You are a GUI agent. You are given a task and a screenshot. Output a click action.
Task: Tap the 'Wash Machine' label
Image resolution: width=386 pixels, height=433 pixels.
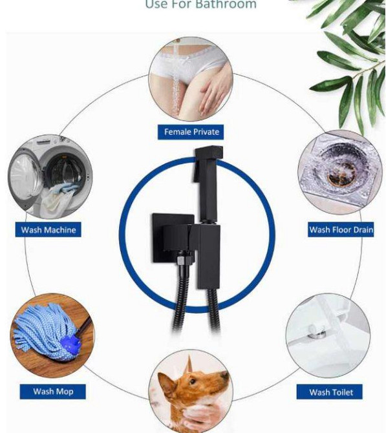click(48, 230)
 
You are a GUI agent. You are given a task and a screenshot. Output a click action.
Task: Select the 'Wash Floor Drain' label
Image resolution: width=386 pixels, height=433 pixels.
click(341, 230)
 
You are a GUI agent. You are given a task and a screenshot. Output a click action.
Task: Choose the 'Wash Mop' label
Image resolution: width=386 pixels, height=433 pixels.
click(53, 392)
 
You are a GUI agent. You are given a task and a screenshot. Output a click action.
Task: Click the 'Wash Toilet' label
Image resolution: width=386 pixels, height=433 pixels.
click(331, 392)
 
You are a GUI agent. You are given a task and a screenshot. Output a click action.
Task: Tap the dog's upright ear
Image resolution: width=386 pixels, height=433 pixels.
click(189, 364)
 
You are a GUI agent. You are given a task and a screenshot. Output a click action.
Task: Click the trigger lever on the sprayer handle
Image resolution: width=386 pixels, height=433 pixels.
click(197, 172)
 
